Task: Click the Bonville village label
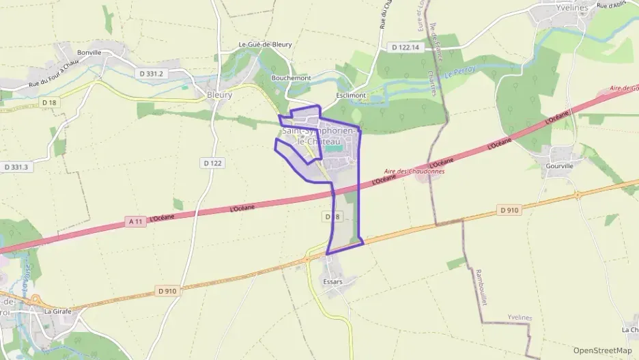(89, 52)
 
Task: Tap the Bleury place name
(219, 95)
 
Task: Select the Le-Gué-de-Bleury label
(265, 44)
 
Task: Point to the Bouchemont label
(291, 78)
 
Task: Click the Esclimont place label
(351, 95)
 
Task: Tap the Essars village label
(332, 281)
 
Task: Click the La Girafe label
(57, 311)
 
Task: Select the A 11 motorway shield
(137, 221)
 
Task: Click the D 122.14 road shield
(406, 47)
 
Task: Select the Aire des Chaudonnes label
(414, 171)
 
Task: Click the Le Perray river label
(459, 71)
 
